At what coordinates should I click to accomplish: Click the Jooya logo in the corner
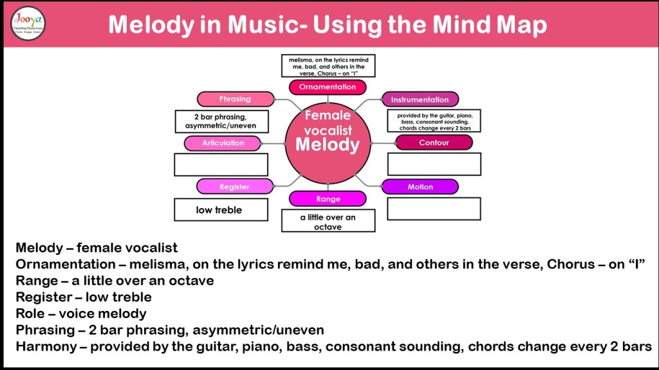[28, 23]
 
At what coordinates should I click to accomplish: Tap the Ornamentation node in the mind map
[327, 87]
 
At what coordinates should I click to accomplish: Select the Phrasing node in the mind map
[235, 99]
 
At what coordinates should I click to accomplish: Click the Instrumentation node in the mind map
[420, 100]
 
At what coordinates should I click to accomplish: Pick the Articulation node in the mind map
[223, 143]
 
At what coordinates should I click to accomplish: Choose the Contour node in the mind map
[434, 143]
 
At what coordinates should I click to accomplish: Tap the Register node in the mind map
[234, 187]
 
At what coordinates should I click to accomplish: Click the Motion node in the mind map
[420, 187]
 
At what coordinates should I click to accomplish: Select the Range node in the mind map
[328, 199]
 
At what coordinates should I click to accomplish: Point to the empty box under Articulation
[221, 164]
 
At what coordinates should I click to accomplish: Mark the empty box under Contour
[434, 164]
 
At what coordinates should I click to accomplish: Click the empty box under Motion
[434, 209]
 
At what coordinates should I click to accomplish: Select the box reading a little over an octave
[328, 221]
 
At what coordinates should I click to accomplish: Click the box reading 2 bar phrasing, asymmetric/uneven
[221, 121]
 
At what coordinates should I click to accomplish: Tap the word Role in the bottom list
[30, 313]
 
